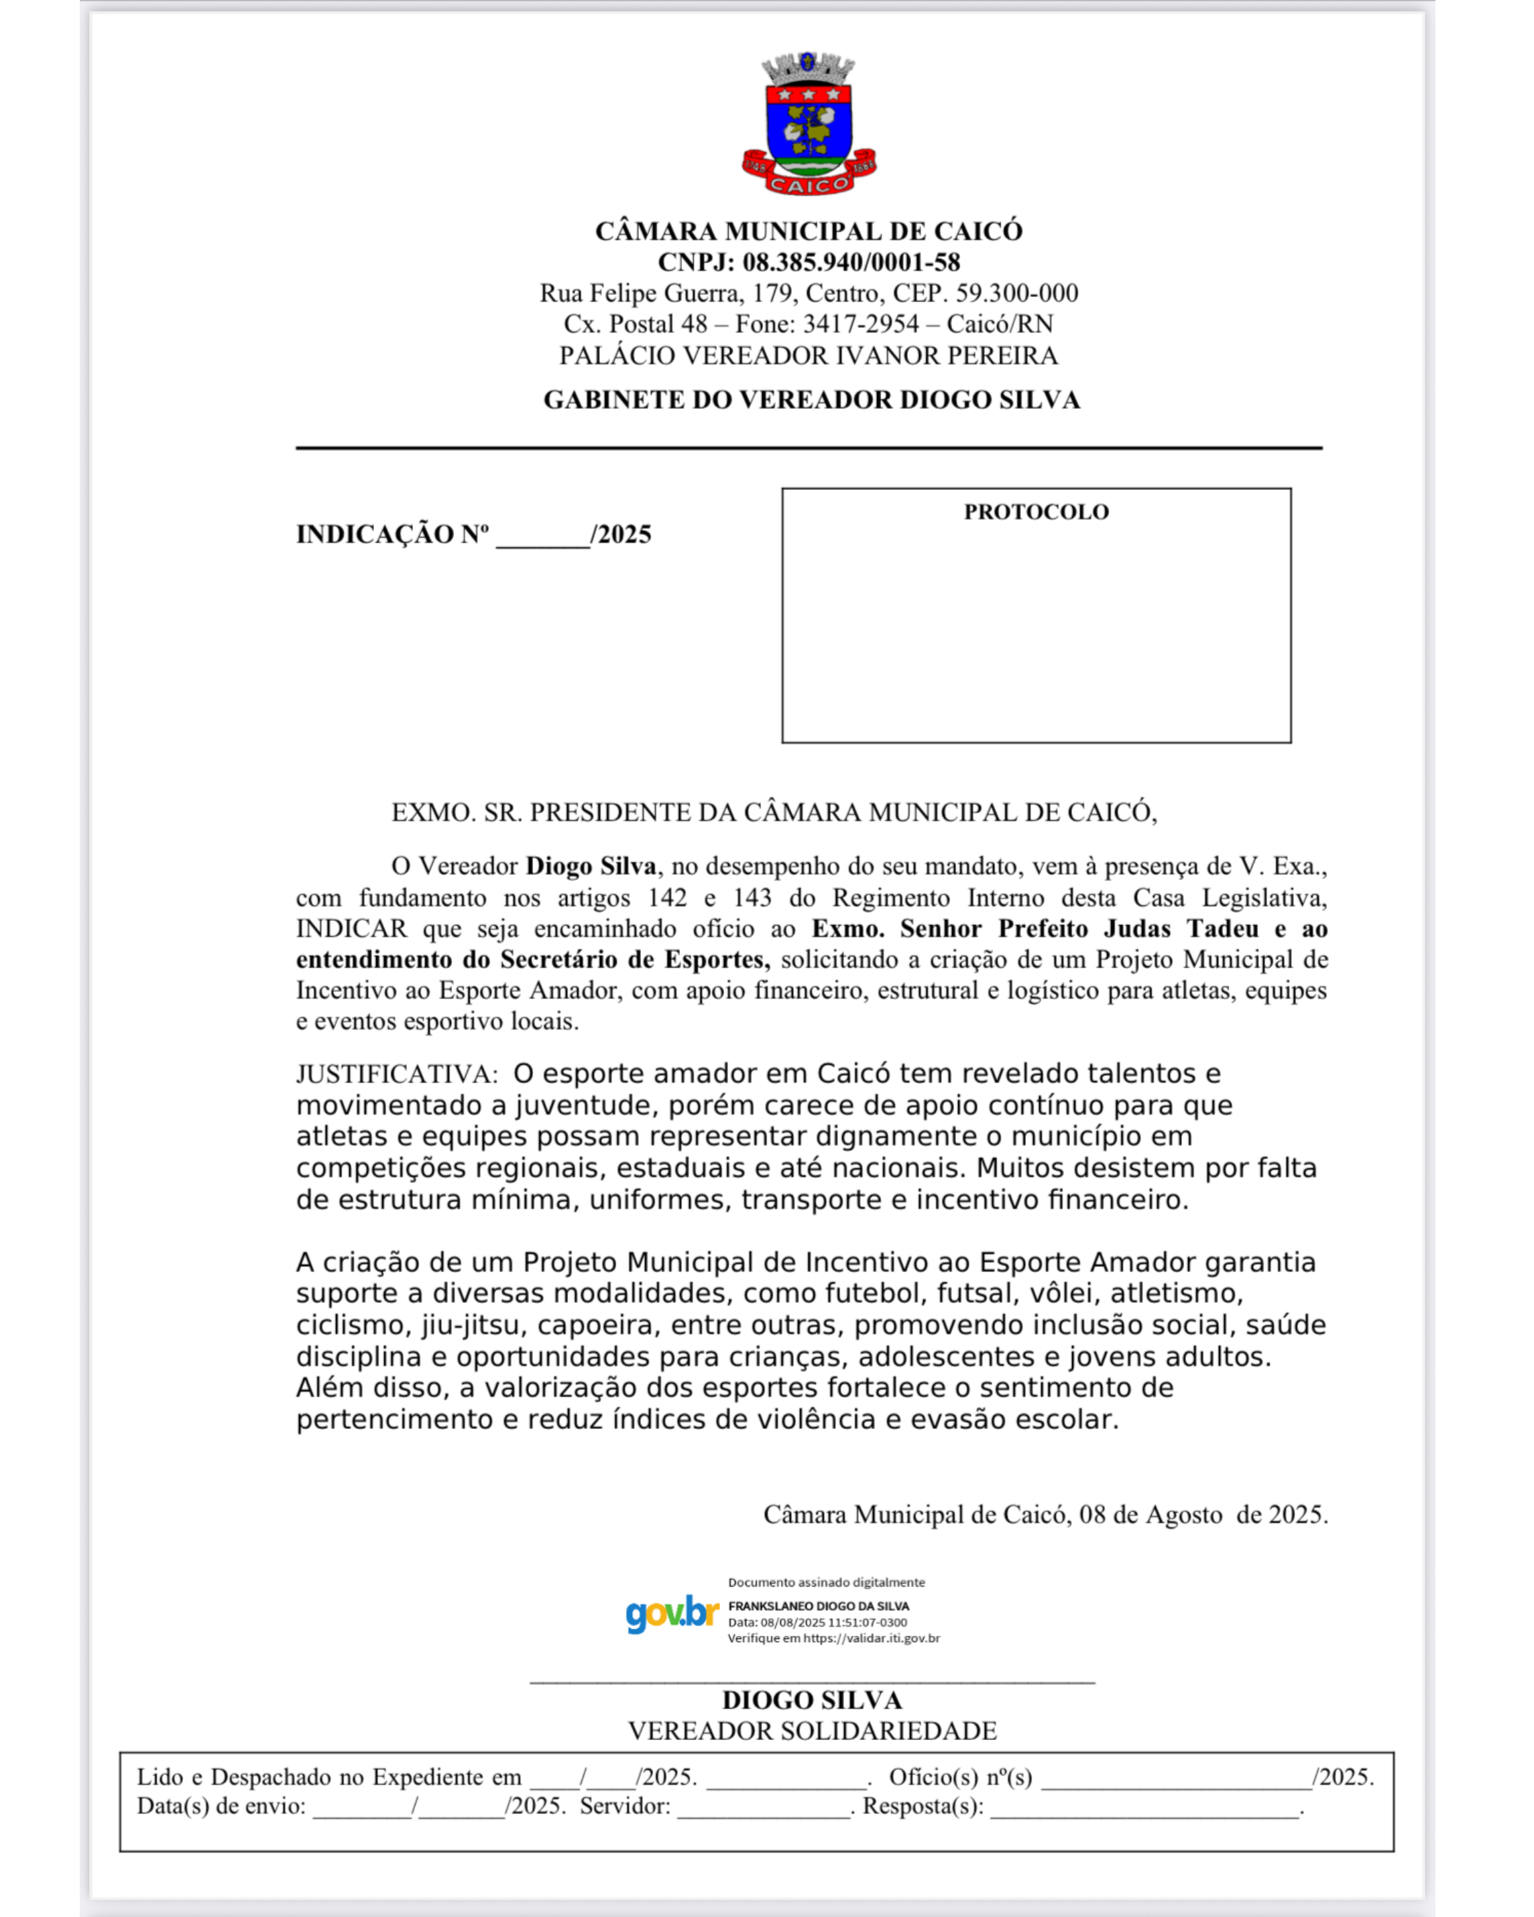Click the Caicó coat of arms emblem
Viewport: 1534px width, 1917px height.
[x=809, y=123]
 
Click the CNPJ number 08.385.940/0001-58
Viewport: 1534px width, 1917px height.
[x=851, y=262]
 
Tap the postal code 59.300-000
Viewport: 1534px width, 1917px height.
[x=1016, y=294]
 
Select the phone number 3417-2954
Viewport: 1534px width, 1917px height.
[x=861, y=324]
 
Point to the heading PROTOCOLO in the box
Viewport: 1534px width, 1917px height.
[x=1036, y=512]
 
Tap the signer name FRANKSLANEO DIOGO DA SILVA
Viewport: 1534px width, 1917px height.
[x=818, y=1606]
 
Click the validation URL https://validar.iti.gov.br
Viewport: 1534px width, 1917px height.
[x=871, y=1637]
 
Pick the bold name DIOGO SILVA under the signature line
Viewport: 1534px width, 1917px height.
[x=812, y=1700]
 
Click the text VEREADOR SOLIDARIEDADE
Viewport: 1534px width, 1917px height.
[x=812, y=1731]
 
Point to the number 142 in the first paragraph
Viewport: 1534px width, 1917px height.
[x=667, y=898]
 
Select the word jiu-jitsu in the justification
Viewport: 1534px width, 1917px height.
[x=471, y=1326]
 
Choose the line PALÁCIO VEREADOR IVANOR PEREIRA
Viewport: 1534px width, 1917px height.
[x=809, y=356]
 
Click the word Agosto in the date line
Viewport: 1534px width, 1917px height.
[x=1183, y=1514]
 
